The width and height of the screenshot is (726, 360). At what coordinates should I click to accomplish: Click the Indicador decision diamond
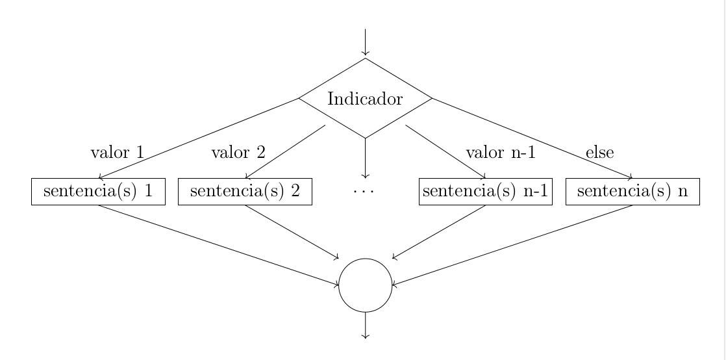[365, 99]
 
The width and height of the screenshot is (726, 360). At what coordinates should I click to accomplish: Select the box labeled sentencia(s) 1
[98, 192]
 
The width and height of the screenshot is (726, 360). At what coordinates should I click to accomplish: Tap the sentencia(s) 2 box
[245, 192]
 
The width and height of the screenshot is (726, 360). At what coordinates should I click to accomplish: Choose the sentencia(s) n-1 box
[486, 192]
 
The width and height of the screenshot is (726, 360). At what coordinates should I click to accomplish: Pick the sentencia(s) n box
[632, 192]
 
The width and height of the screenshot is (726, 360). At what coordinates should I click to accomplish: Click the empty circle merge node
[366, 285]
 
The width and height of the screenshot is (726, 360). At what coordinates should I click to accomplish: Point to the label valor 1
[116, 153]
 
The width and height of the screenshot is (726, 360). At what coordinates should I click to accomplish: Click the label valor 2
[238, 153]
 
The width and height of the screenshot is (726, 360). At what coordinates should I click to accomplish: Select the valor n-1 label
[501, 153]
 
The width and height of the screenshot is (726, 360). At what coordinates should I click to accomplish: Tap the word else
[599, 153]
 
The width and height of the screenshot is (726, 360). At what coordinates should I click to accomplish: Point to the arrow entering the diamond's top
[366, 43]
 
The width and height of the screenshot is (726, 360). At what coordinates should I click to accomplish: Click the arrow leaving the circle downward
[366, 325]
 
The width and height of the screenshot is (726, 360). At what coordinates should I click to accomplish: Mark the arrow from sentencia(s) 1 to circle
[218, 244]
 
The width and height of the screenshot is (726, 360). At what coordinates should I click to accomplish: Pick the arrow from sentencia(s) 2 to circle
[292, 232]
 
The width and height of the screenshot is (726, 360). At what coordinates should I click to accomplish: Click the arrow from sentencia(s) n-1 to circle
[439, 232]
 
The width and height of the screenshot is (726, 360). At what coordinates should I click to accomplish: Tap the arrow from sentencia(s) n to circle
[513, 244]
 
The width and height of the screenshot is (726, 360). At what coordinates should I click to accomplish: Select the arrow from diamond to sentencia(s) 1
[198, 138]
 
